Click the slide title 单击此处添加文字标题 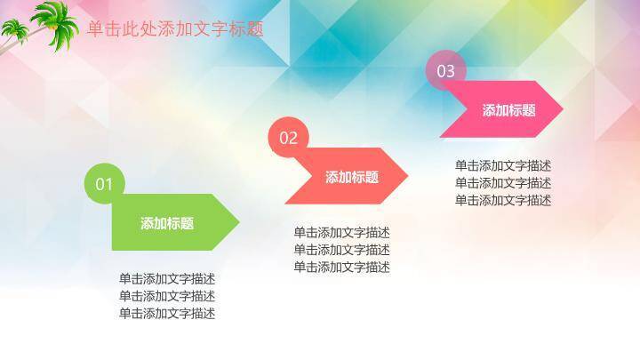pos(175,29)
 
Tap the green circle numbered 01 pos(105,184)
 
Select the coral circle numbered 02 pos(289,138)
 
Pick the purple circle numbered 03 pos(445,71)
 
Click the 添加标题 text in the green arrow pos(167,223)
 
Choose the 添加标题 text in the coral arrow pos(352,177)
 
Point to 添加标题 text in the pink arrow pos(509,110)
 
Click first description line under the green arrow pos(167,278)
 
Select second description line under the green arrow pos(167,295)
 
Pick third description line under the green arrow pos(167,313)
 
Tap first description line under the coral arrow pos(342,232)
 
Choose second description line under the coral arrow pos(342,249)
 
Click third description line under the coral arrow pos(342,267)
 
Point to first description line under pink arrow pos(503,165)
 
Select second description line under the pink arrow pos(503,182)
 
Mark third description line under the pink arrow pos(503,200)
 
